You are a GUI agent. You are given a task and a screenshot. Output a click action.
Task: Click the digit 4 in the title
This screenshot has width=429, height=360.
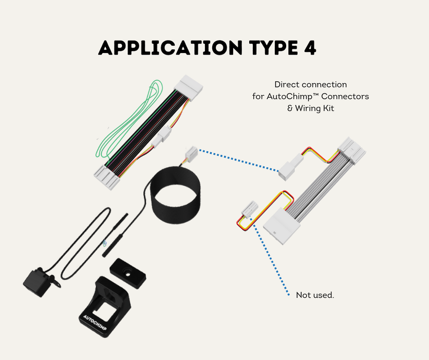click(310, 48)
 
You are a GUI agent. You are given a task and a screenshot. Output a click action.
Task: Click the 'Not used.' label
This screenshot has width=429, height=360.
click(315, 295)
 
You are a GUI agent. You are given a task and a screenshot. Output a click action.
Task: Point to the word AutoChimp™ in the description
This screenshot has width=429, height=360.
click(293, 97)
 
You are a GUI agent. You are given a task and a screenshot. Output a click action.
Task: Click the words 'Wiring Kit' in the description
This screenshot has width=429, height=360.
click(314, 108)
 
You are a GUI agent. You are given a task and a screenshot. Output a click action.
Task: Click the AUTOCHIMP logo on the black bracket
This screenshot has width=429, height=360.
click(95, 323)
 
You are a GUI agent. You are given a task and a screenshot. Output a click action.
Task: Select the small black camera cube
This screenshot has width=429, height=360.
click(37, 282)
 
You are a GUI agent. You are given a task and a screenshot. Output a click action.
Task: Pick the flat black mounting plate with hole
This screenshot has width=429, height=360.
click(128, 274)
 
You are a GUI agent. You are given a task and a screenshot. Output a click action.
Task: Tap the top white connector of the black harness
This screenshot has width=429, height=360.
click(190, 85)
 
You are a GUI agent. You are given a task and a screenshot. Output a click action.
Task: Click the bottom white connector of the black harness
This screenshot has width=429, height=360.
click(107, 177)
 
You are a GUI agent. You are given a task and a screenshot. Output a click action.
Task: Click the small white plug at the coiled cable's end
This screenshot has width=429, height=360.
click(191, 153)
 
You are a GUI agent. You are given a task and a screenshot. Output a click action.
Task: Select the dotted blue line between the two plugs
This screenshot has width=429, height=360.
click(239, 160)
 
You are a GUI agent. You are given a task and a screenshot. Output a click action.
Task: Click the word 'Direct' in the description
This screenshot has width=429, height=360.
click(287, 84)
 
